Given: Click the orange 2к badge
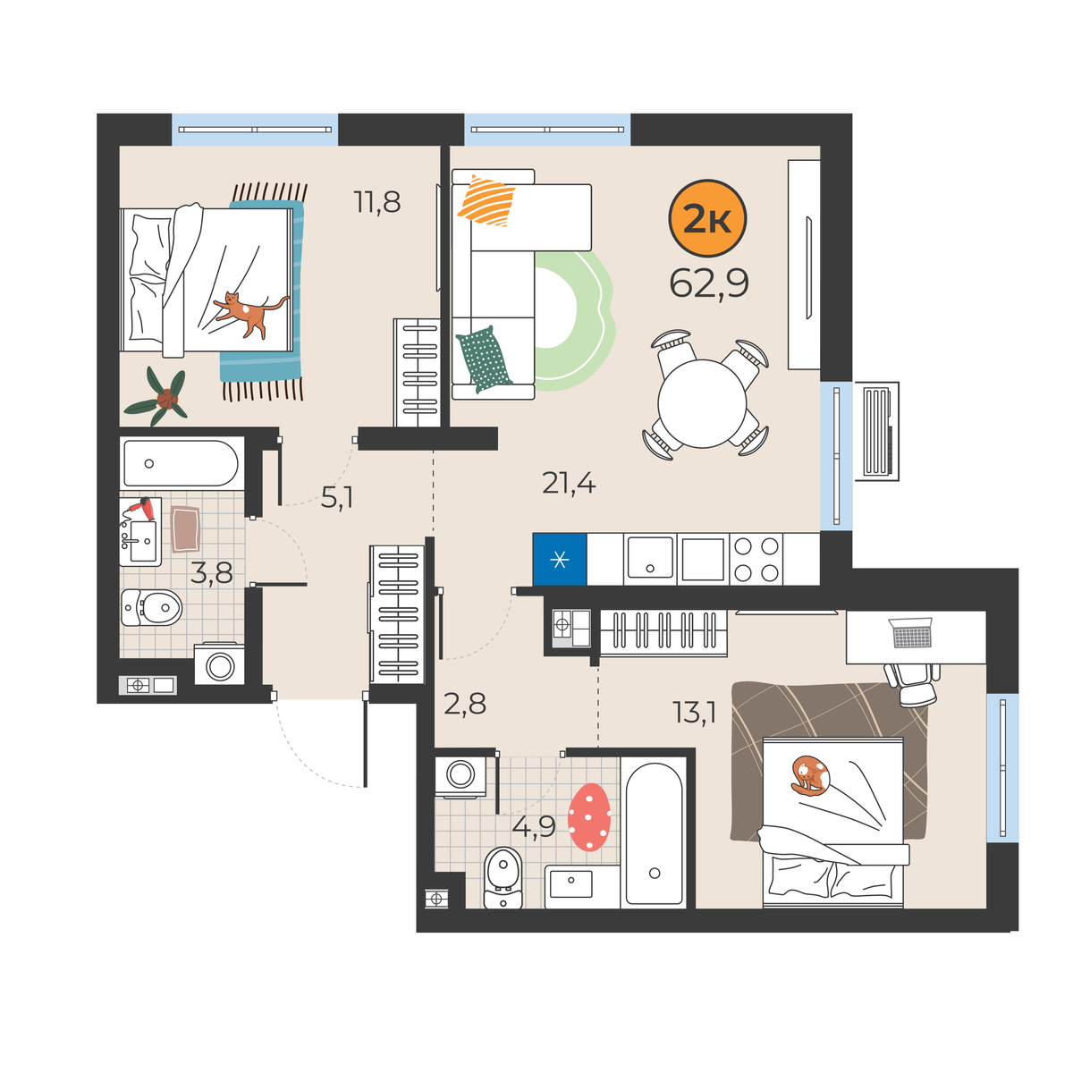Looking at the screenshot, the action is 706,217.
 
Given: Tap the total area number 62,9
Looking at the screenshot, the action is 708,283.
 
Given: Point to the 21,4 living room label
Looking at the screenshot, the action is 569,483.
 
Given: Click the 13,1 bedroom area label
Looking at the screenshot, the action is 694,712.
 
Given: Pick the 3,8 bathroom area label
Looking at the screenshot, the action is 211,572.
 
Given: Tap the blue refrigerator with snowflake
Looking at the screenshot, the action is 559,559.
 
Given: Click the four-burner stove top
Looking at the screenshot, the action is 756,559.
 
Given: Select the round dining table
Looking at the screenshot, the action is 702,403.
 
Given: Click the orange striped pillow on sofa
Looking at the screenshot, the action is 486,201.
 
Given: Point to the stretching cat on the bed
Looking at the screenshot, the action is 250,314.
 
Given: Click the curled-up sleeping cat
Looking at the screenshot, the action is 810,774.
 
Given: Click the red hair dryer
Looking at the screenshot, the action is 141,508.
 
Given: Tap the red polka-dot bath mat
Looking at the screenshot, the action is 589,817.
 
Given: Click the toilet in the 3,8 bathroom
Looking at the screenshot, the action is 151,607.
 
